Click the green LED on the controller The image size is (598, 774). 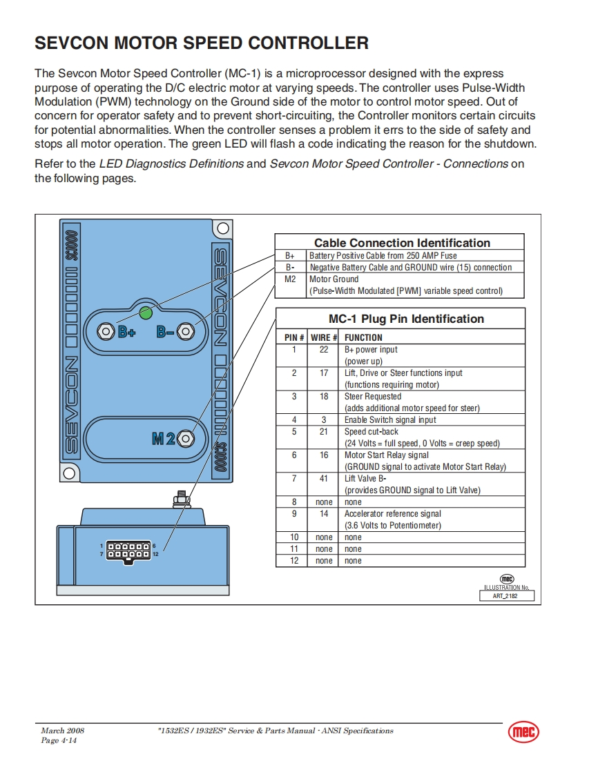146,313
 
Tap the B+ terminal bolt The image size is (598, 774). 106,331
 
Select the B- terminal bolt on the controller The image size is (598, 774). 184,331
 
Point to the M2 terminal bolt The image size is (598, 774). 186,437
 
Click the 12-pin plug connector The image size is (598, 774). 128,550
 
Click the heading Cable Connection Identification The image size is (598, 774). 402,243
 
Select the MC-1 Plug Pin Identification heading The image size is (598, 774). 406,319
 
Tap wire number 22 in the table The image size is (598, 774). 324,350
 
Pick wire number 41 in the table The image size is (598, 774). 324,478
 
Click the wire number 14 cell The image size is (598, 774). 324,513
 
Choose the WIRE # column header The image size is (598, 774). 324,337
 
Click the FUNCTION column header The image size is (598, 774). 363,337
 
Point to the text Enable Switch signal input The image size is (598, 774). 390,419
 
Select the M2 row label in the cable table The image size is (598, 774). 290,279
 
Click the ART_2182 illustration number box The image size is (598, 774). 507,595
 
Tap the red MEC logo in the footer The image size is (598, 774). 523,732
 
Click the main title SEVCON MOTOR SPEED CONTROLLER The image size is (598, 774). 202,43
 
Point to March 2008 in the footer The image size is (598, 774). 63,731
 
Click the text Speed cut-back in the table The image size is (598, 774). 372,431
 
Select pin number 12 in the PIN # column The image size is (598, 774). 294,561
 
